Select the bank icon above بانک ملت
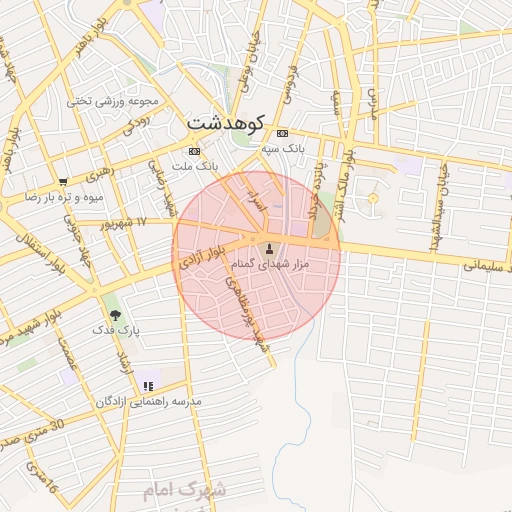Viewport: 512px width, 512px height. click(193, 151)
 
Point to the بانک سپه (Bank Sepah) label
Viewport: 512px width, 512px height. click(282, 147)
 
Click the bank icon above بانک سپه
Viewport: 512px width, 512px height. click(282, 133)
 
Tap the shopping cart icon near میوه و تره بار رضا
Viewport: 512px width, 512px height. click(63, 182)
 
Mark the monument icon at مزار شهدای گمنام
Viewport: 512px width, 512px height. click(268, 248)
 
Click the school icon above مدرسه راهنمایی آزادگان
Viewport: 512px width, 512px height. click(148, 385)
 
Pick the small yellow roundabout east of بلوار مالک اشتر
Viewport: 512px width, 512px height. click(373, 198)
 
